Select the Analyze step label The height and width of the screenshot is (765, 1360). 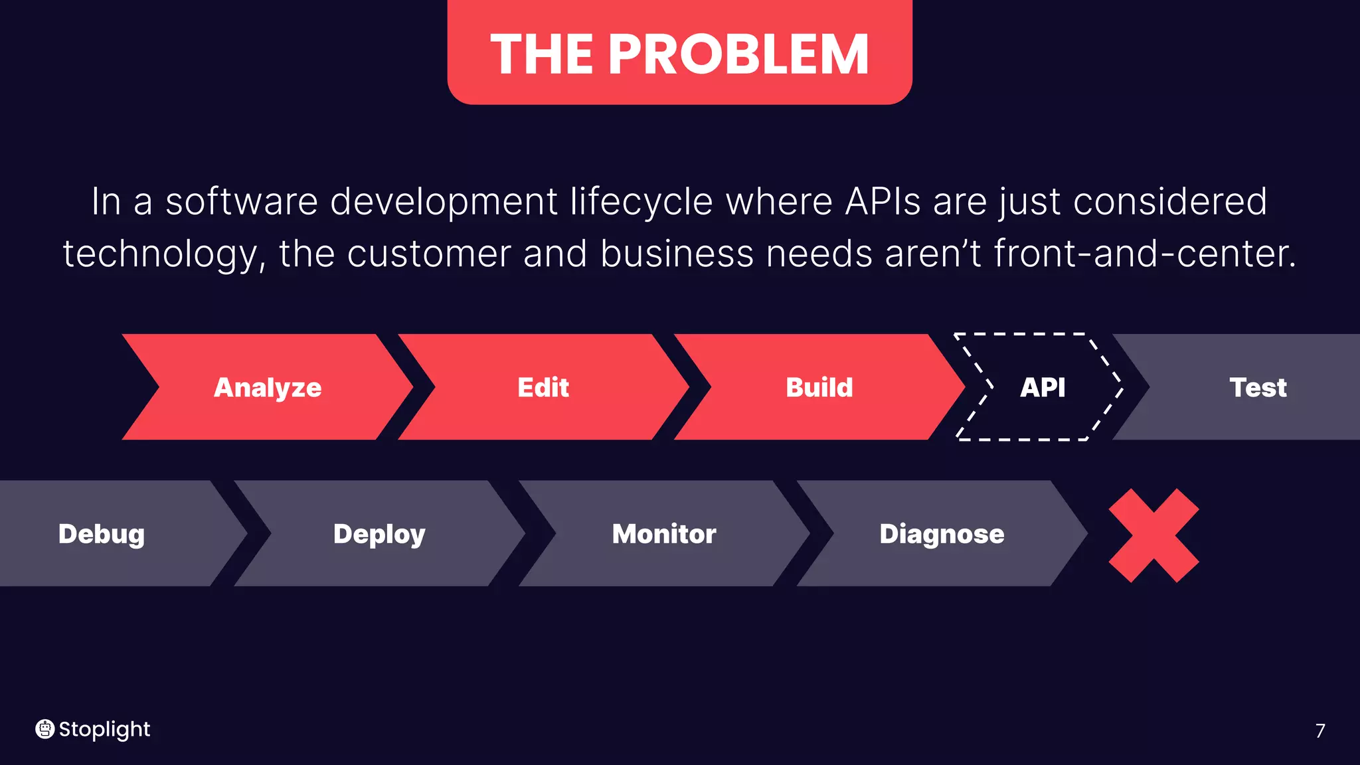(268, 387)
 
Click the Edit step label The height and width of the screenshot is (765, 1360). (543, 387)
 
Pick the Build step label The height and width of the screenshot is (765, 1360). (819, 387)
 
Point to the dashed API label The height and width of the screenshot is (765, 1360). (1043, 387)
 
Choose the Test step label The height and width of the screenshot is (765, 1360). (1258, 387)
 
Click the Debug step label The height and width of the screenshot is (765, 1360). (102, 534)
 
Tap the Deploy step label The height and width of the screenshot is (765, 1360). (379, 534)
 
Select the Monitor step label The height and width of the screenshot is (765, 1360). (664, 534)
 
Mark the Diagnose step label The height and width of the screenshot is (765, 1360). (942, 534)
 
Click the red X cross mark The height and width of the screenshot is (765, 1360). (1154, 535)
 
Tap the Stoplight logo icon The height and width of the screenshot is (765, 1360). (44, 729)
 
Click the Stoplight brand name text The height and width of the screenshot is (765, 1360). (105, 729)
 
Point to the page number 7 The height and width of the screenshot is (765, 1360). (1320, 730)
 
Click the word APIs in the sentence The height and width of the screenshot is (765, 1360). (883, 201)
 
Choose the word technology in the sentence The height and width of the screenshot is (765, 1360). (161, 255)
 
